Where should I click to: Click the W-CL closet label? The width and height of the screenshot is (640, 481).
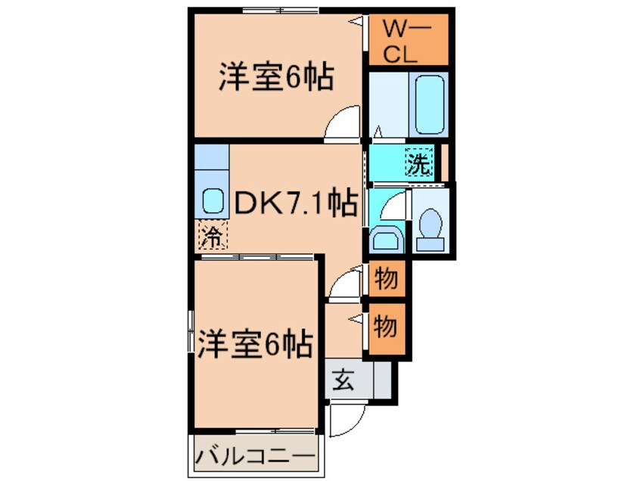point(405,41)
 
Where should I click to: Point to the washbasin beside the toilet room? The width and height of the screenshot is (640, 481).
point(386,238)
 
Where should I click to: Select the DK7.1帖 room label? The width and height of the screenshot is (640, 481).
point(295,203)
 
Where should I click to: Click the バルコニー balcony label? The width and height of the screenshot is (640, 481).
point(254,457)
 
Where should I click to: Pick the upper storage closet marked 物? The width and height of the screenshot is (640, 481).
point(386,279)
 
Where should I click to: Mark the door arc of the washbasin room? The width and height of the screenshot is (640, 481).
point(387,206)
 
